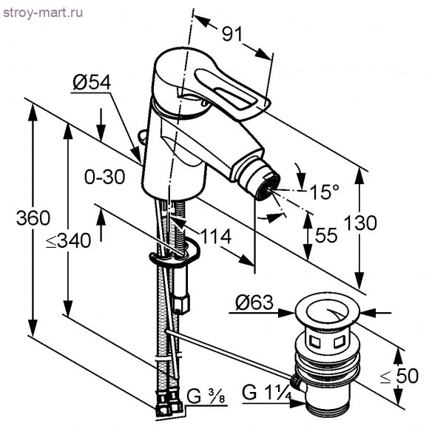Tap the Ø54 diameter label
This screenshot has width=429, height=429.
pyautogui.click(x=91, y=84)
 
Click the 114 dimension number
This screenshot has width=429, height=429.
pyautogui.click(x=216, y=237)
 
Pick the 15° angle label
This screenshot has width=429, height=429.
pyautogui.click(x=322, y=192)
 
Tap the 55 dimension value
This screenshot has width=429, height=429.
pyautogui.click(x=325, y=235)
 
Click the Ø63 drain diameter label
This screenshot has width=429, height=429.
pyautogui.click(x=254, y=303)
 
